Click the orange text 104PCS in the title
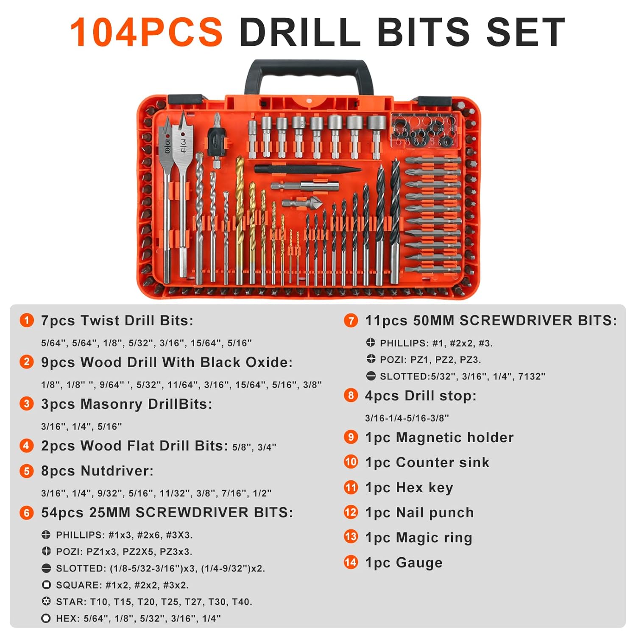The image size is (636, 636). (146, 32)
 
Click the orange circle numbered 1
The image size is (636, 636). (27, 320)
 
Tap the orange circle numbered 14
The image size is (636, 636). (351, 562)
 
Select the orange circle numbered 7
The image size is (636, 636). (351, 320)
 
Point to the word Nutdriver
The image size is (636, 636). (117, 471)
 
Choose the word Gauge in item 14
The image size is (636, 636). (419, 563)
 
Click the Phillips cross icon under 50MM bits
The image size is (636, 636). (371, 343)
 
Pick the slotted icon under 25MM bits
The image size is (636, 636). (46, 568)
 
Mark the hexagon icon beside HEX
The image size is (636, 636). (46, 619)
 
